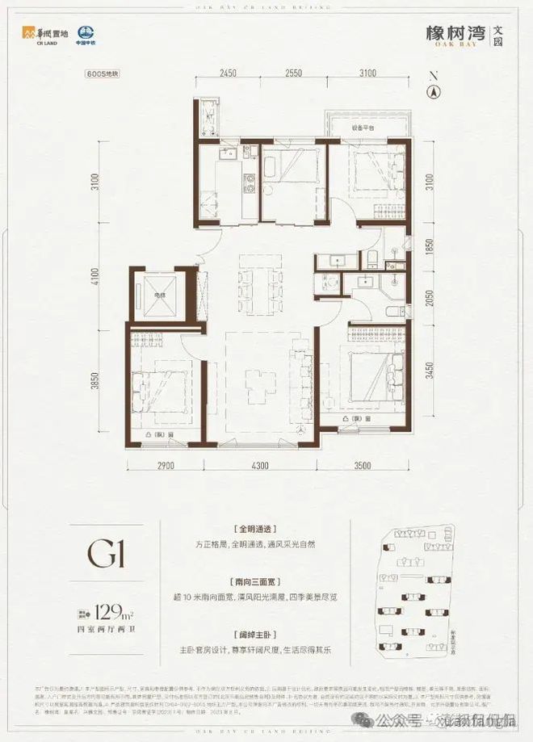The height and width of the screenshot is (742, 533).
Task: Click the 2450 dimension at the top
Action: pos(228,73)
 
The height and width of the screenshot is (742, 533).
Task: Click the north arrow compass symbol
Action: pos(434,89)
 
